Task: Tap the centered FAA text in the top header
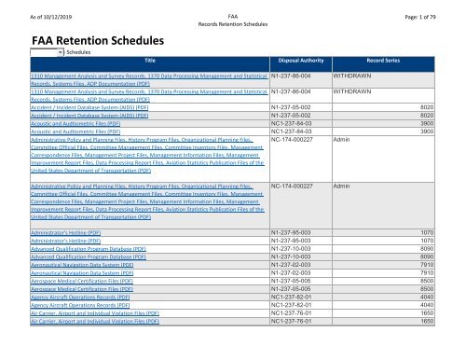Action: click(x=232, y=7)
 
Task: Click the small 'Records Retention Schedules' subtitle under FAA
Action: click(x=232, y=19)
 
